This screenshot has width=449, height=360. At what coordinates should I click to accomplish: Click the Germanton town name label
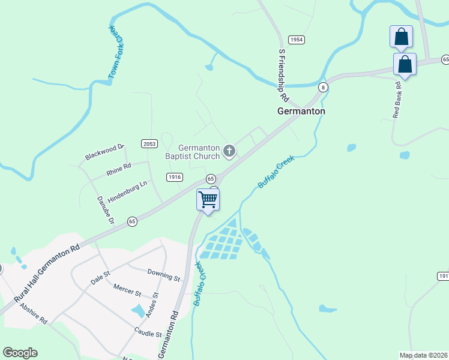point(301,111)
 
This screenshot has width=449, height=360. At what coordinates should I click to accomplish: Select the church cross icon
point(229,151)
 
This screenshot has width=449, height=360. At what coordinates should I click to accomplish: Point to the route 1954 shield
point(296,40)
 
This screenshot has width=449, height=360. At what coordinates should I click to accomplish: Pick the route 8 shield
point(324,87)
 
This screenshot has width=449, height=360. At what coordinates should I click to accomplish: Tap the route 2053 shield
point(149,143)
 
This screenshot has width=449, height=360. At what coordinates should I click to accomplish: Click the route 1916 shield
point(175,176)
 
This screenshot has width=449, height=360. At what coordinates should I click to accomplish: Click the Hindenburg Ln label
point(127,192)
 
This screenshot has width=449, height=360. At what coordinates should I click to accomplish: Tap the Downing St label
point(164,275)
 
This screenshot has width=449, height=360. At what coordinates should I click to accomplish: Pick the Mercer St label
point(127,290)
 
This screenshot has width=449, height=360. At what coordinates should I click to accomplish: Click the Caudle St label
point(148,331)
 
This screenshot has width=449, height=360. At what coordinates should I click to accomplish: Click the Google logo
point(20,353)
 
